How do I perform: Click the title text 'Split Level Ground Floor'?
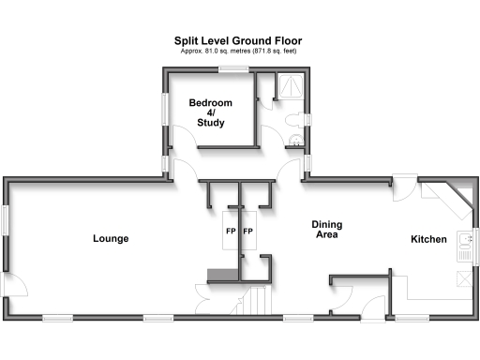pos(238,40)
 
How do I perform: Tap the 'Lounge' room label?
pos(111,239)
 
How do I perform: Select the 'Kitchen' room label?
pos(428,240)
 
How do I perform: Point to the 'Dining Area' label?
pos(326,230)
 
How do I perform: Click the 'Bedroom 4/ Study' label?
pos(210,112)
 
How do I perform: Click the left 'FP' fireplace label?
pos(230,231)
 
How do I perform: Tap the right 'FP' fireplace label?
pos(248,231)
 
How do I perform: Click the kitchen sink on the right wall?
pos(464,246)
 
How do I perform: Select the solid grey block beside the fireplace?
pos(220,273)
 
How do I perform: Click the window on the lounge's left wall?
pos(4,222)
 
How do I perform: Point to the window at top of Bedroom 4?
pos(228,68)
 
